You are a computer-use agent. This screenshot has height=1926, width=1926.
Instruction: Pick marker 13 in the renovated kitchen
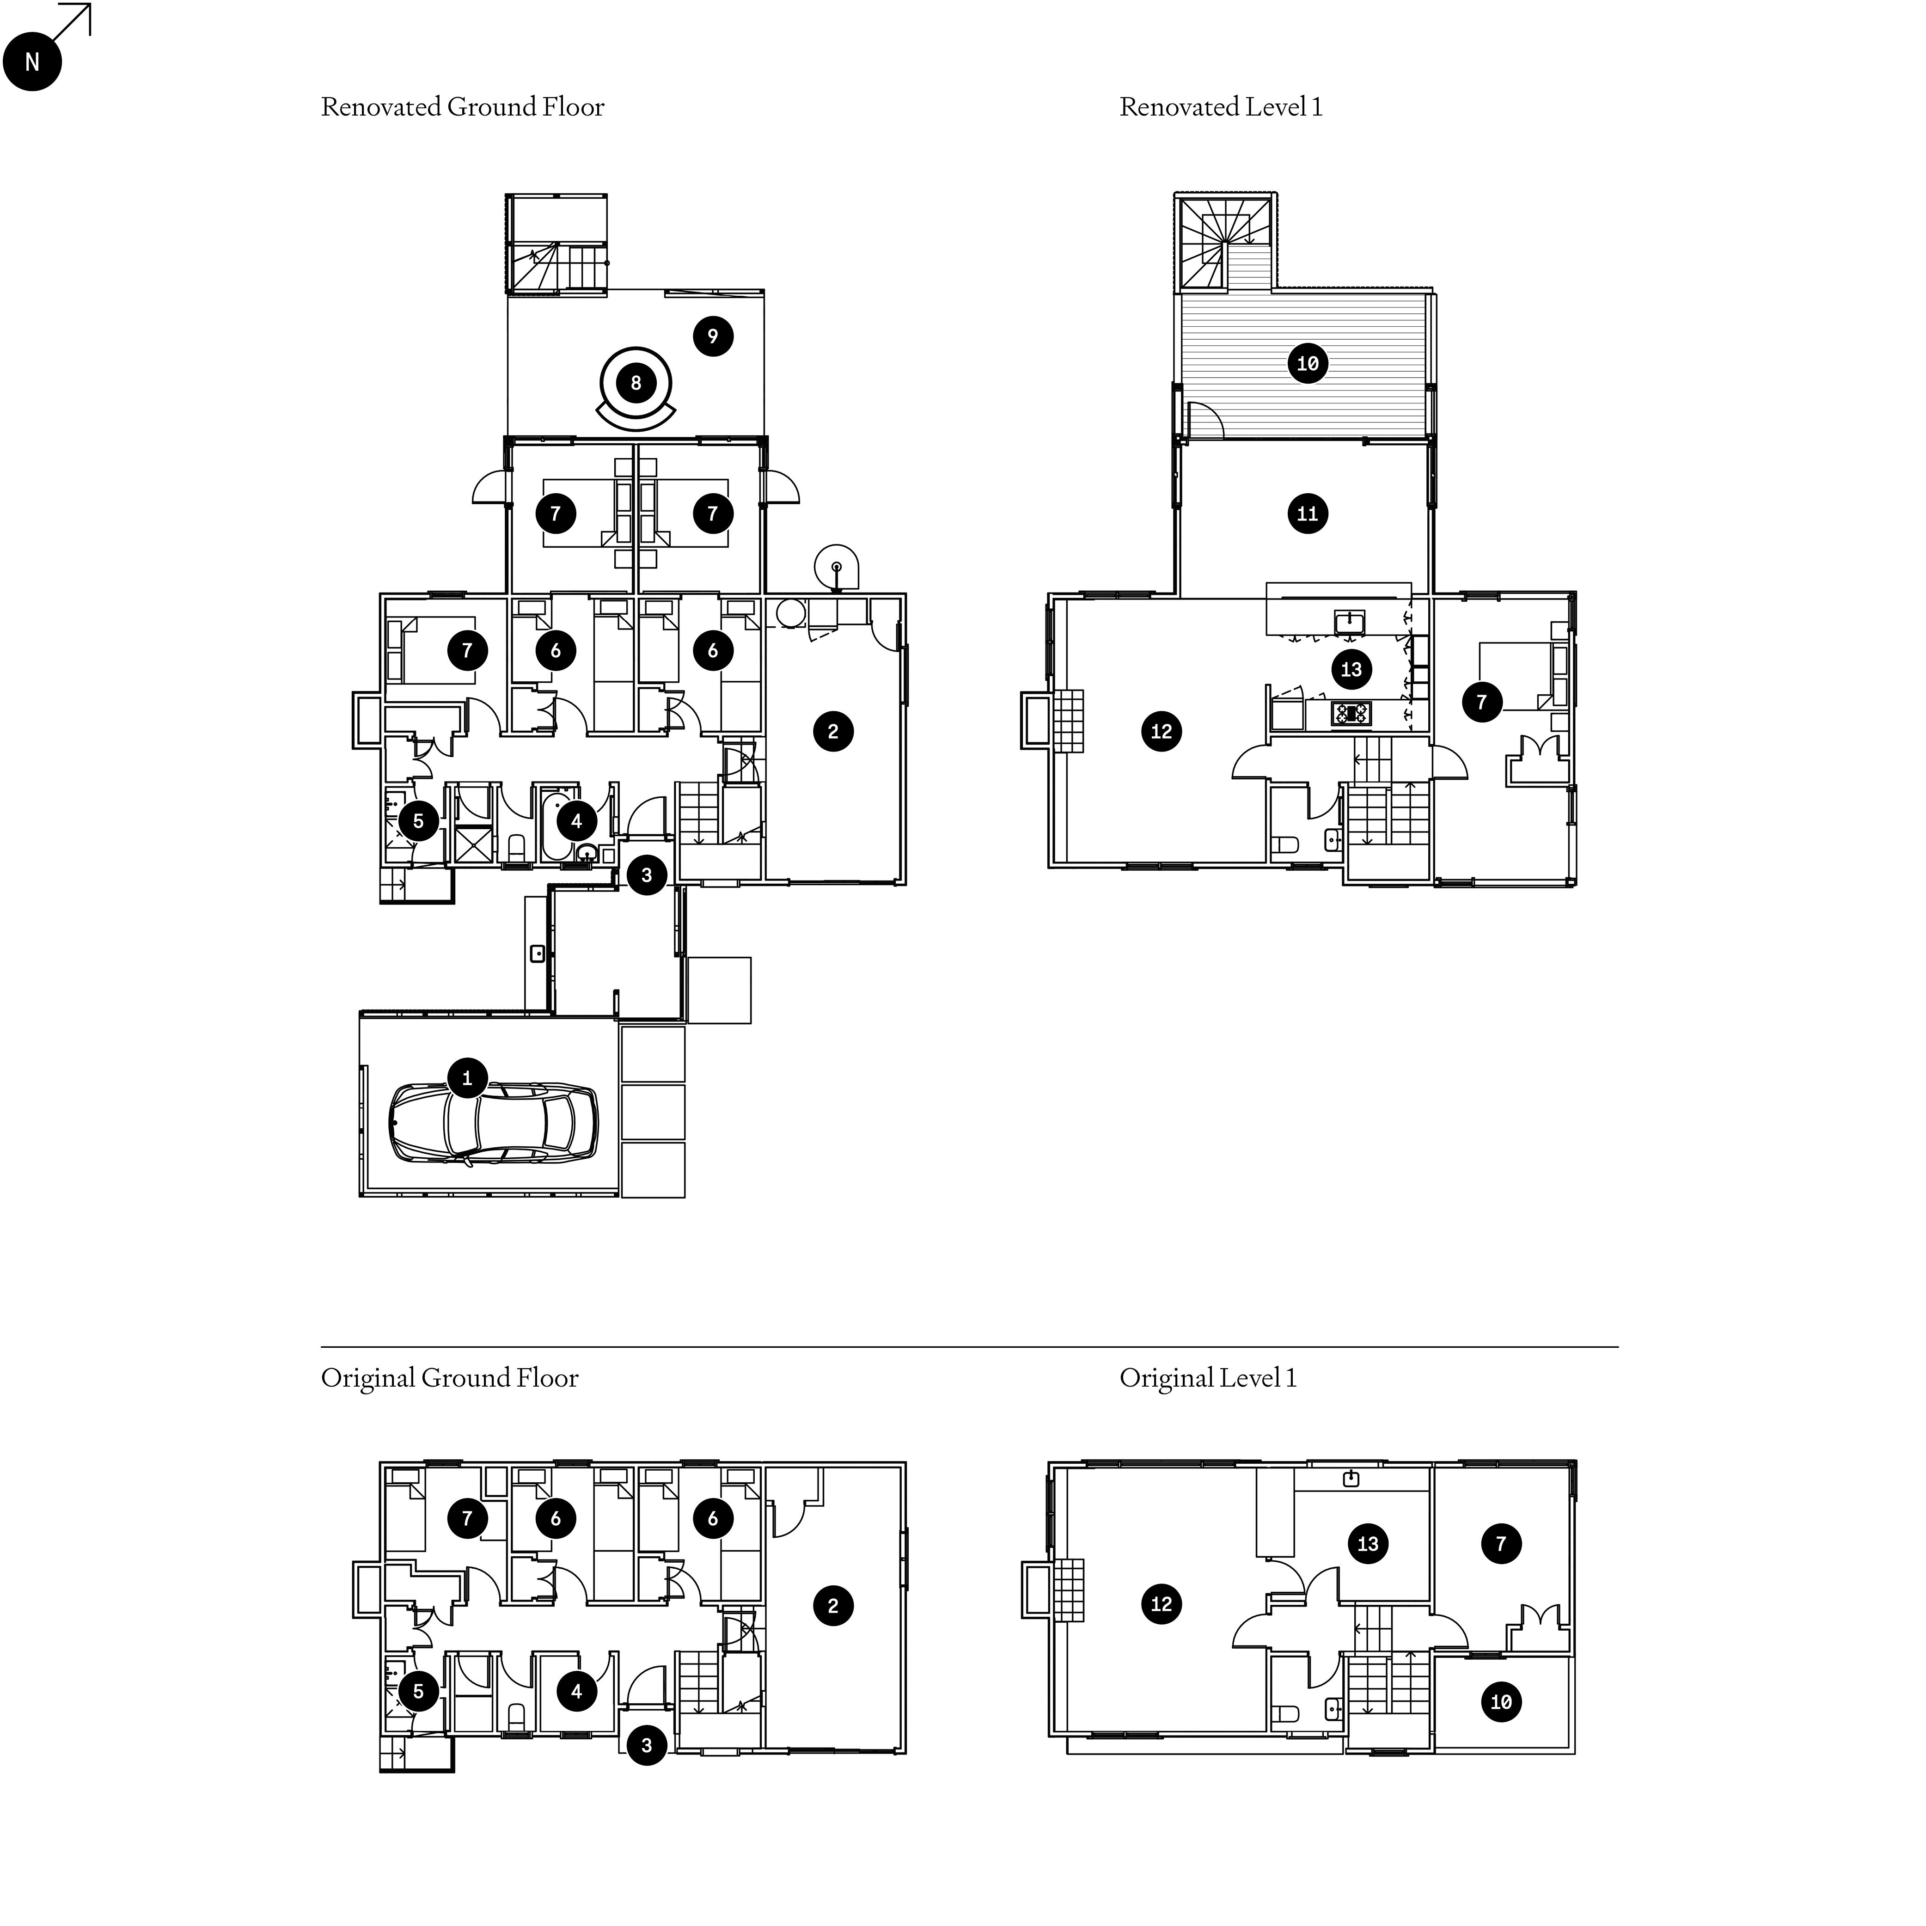[x=1351, y=669]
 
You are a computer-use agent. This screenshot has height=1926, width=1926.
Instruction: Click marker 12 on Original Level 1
[x=1162, y=1604]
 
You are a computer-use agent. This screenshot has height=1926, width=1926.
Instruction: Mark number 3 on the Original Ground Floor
[x=647, y=1744]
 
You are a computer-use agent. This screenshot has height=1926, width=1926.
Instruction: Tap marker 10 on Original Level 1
[x=1501, y=1702]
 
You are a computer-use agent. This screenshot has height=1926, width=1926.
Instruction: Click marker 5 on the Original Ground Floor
[x=419, y=1691]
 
